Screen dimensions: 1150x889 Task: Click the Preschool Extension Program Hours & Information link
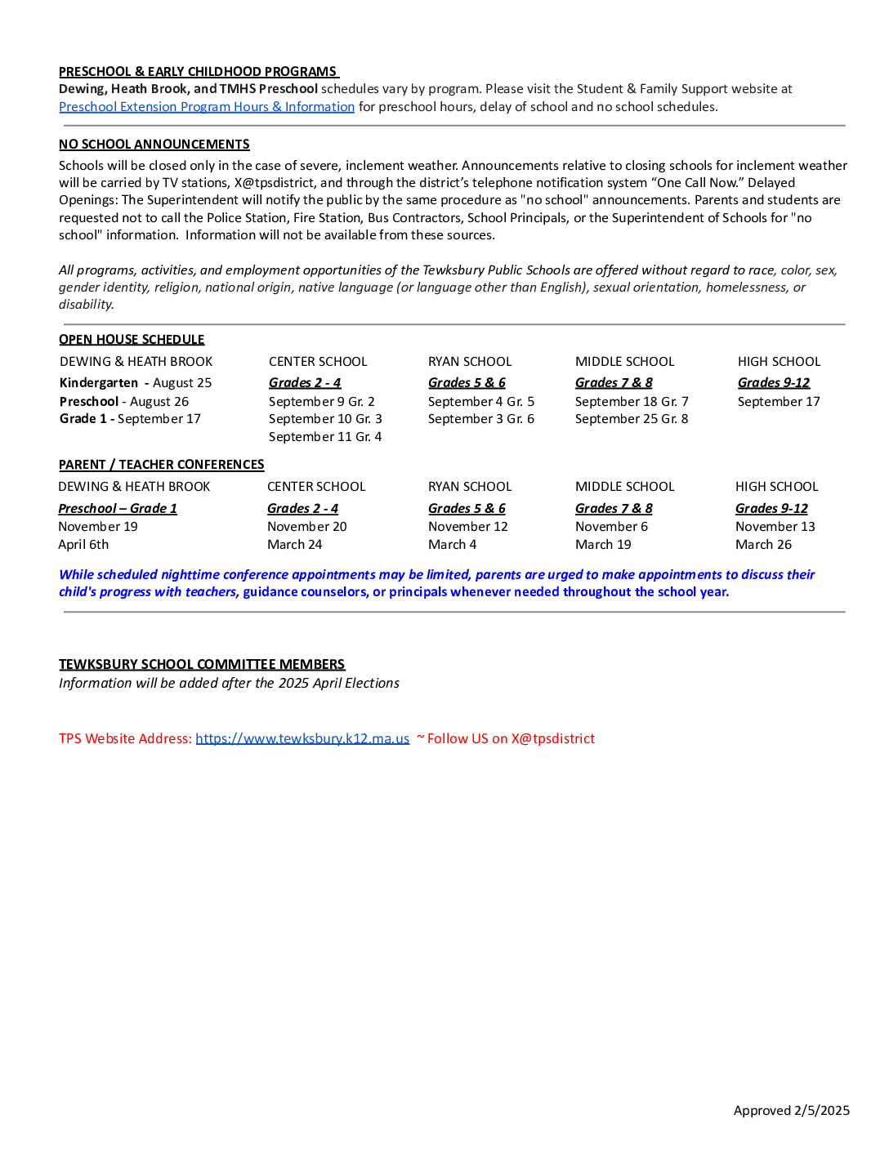click(x=207, y=107)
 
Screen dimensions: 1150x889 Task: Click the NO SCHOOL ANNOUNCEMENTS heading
click(x=154, y=145)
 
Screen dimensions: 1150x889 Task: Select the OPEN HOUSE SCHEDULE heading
click(x=132, y=340)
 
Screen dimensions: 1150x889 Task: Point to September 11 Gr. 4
click(x=325, y=437)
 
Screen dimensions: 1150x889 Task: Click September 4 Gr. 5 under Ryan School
click(x=481, y=402)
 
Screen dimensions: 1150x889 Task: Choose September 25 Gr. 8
click(x=632, y=419)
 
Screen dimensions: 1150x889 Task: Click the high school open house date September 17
click(x=779, y=402)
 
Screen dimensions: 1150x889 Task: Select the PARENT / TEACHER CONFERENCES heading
click(x=162, y=465)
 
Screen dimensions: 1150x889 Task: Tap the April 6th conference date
click(x=83, y=545)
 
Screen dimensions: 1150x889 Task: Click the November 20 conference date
click(x=307, y=527)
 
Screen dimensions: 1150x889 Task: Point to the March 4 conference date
click(x=452, y=545)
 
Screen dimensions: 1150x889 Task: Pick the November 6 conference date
click(x=611, y=527)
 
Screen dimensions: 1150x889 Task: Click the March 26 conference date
click(x=763, y=545)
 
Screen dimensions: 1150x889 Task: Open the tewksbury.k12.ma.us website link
click(x=302, y=738)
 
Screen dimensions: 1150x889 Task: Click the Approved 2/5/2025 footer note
click(x=791, y=1111)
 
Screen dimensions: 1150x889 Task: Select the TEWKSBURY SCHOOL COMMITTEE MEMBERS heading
click(x=202, y=665)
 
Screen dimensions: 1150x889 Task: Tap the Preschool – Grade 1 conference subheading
click(x=118, y=509)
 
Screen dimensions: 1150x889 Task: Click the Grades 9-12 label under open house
click(x=774, y=383)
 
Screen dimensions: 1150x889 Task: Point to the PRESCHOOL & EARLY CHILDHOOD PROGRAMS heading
click(x=198, y=72)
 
